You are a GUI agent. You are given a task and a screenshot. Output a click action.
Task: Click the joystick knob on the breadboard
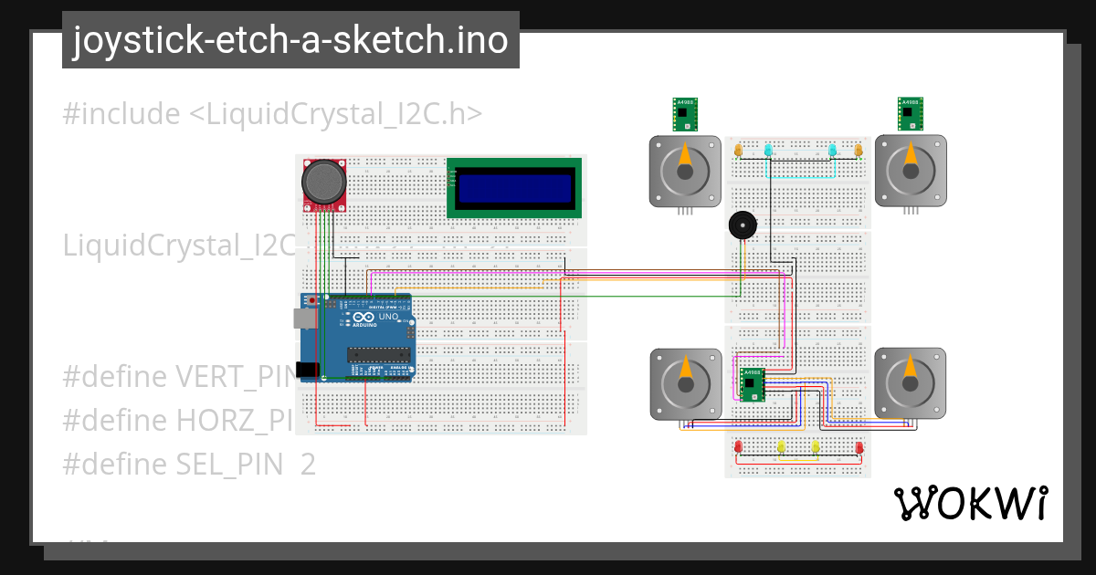324,183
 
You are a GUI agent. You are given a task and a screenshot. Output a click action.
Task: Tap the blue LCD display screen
513,188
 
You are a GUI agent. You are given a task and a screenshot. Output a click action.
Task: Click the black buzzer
742,225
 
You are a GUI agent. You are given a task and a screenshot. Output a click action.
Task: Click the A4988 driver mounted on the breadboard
752,384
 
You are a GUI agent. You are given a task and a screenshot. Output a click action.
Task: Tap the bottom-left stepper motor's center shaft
685,383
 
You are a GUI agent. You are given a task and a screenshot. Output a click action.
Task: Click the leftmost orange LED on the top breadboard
739,149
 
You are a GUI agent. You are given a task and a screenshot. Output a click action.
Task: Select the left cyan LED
768,150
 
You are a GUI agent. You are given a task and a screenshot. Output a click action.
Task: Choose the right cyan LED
832,150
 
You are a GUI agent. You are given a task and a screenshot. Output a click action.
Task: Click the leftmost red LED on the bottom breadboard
738,446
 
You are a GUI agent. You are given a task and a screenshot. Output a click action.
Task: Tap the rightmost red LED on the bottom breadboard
859,446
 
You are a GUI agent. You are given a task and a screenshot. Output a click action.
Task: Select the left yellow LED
781,446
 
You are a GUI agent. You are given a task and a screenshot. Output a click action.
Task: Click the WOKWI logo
970,503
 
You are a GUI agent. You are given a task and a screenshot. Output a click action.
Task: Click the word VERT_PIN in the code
234,376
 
